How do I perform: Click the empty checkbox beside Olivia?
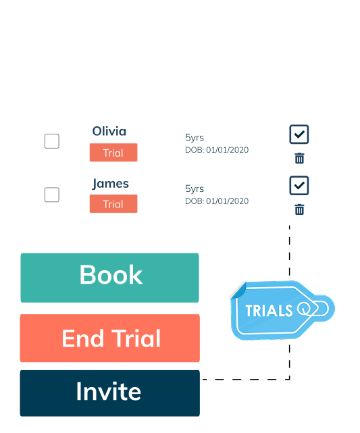point(52,141)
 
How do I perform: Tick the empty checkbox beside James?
point(52,195)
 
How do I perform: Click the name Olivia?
point(109,131)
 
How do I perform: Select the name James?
point(110,184)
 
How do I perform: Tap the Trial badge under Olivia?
point(113,153)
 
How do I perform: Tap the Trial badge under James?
point(113,204)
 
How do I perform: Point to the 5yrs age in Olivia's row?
point(195,138)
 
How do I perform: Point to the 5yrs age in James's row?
point(195,189)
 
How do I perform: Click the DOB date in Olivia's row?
point(217,150)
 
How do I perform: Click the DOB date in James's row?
point(217,201)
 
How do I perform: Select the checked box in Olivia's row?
point(299,134)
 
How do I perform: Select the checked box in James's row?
point(299,185)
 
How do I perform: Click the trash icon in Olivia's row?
point(299,158)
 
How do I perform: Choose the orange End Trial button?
point(110,338)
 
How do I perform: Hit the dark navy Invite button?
point(110,393)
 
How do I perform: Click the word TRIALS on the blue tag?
point(269,311)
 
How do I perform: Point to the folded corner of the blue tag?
point(239,290)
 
